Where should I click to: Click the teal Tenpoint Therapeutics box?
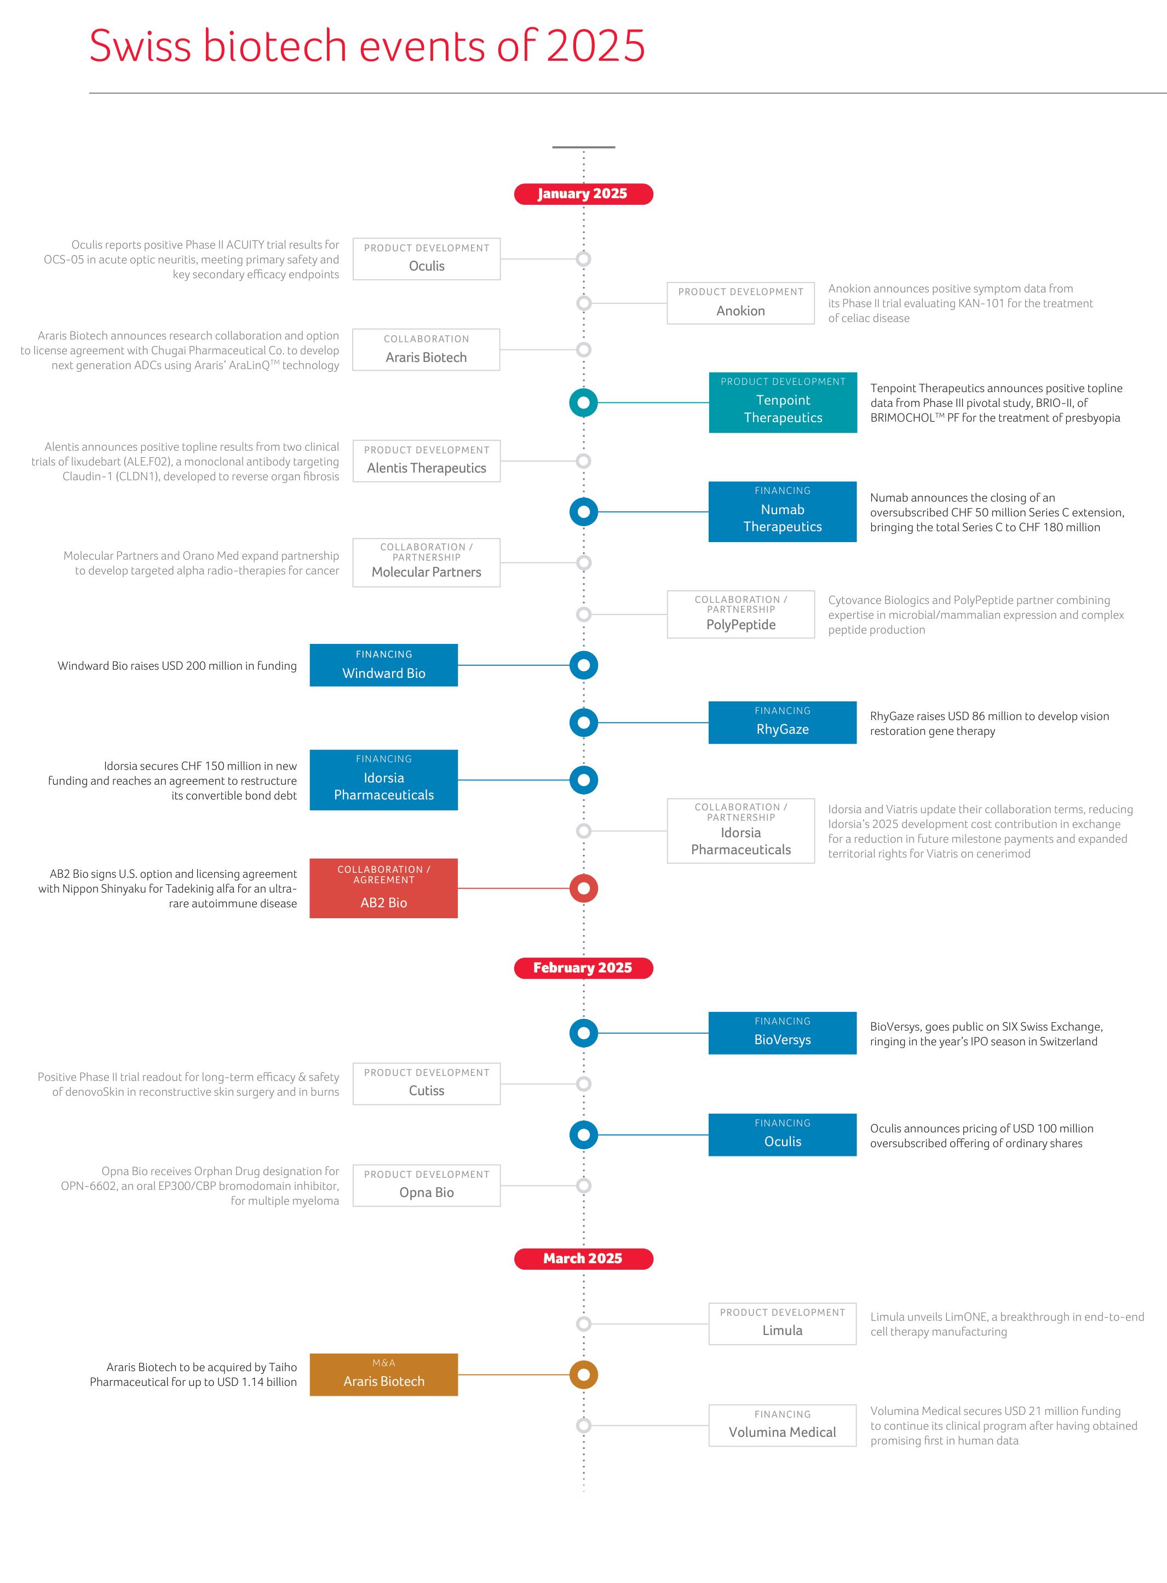click(x=783, y=402)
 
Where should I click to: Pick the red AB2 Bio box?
click(x=383, y=889)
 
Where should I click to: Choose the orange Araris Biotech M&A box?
click(x=383, y=1374)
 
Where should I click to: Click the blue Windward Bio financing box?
click(x=383, y=665)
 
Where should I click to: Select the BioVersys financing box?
click(x=783, y=1033)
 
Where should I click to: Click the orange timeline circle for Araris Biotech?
click(x=584, y=1361)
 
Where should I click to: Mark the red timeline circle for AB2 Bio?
click(x=584, y=875)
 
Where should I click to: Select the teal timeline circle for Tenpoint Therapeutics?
click(x=584, y=389)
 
